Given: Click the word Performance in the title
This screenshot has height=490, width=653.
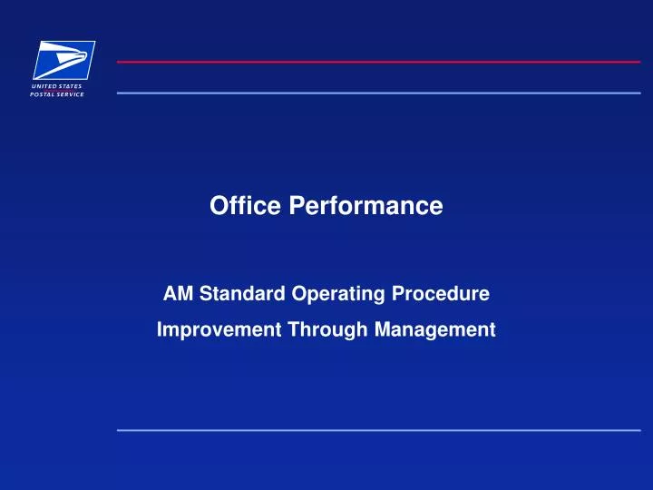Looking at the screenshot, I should (366, 208).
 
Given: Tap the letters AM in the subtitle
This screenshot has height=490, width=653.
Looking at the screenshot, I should (175, 294).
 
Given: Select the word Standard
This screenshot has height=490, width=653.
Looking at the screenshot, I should (236, 294).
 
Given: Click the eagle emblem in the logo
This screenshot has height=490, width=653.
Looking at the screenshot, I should (64, 60).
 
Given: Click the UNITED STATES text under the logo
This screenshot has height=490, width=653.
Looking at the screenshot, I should (57, 86).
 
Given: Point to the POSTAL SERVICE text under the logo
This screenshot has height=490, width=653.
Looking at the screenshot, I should (57, 94).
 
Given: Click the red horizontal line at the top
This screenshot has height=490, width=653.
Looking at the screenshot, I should (378, 62).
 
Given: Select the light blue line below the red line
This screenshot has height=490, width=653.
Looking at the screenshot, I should (378, 93).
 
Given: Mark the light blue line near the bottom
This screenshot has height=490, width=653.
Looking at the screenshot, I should (378, 429).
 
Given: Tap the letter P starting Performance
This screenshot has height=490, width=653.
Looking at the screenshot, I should (297, 207).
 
